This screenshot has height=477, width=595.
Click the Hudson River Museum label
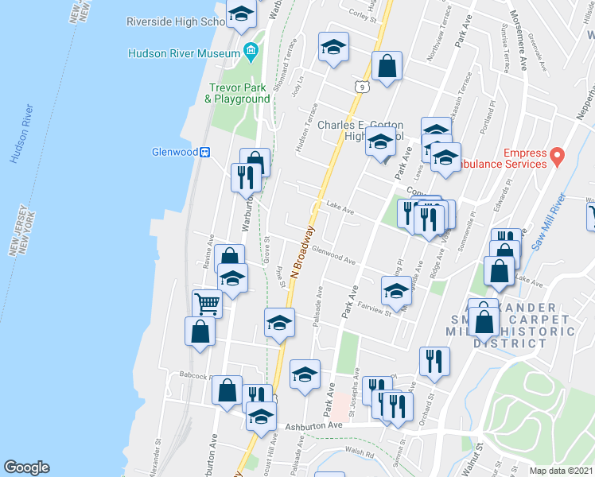[184, 53]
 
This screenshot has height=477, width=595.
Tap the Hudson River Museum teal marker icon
[251, 52]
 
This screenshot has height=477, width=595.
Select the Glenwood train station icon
[204, 152]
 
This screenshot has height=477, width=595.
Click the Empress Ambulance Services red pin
[558, 153]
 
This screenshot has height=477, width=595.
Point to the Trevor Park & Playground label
[238, 93]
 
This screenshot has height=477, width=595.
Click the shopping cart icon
[207, 302]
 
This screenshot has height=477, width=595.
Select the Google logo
[26, 467]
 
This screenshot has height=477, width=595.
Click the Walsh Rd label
[360, 453]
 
